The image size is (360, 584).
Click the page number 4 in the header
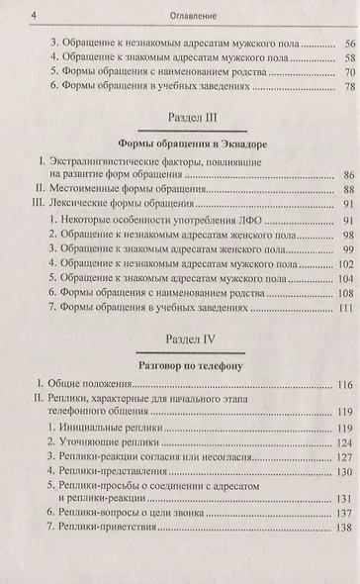(8, 15)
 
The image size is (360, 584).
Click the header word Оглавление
(179, 15)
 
